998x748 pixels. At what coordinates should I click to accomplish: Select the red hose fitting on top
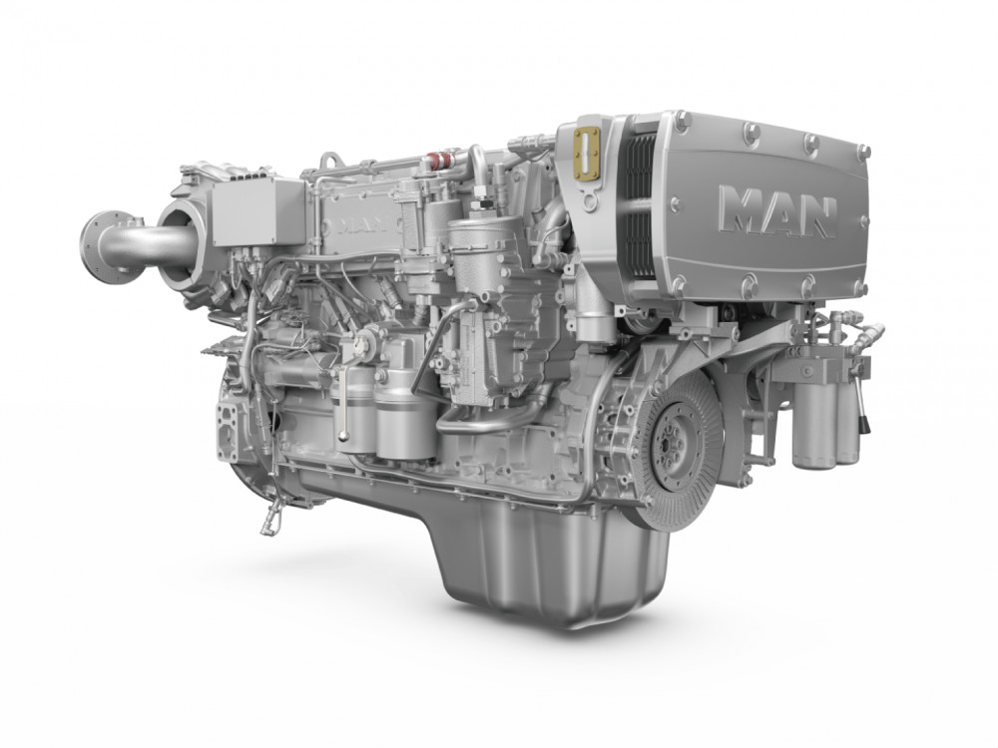click(x=438, y=159)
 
